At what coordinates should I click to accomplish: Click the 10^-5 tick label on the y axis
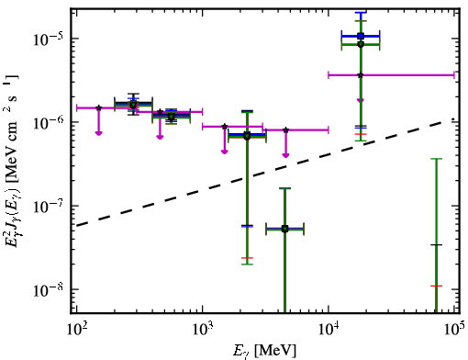(48, 39)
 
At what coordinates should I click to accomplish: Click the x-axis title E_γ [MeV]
(264, 351)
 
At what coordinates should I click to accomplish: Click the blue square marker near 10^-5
(361, 36)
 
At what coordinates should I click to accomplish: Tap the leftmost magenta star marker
(98, 107)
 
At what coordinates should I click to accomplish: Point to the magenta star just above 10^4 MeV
(361, 75)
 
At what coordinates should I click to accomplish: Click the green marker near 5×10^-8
(284, 229)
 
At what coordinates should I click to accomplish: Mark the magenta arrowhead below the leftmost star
(98, 133)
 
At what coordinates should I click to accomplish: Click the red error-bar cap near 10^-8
(436, 286)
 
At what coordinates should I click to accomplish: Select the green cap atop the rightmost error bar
(436, 159)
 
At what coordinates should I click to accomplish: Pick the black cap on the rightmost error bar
(436, 245)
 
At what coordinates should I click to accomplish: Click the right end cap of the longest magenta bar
(454, 75)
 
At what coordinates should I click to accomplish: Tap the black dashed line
(265, 173)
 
